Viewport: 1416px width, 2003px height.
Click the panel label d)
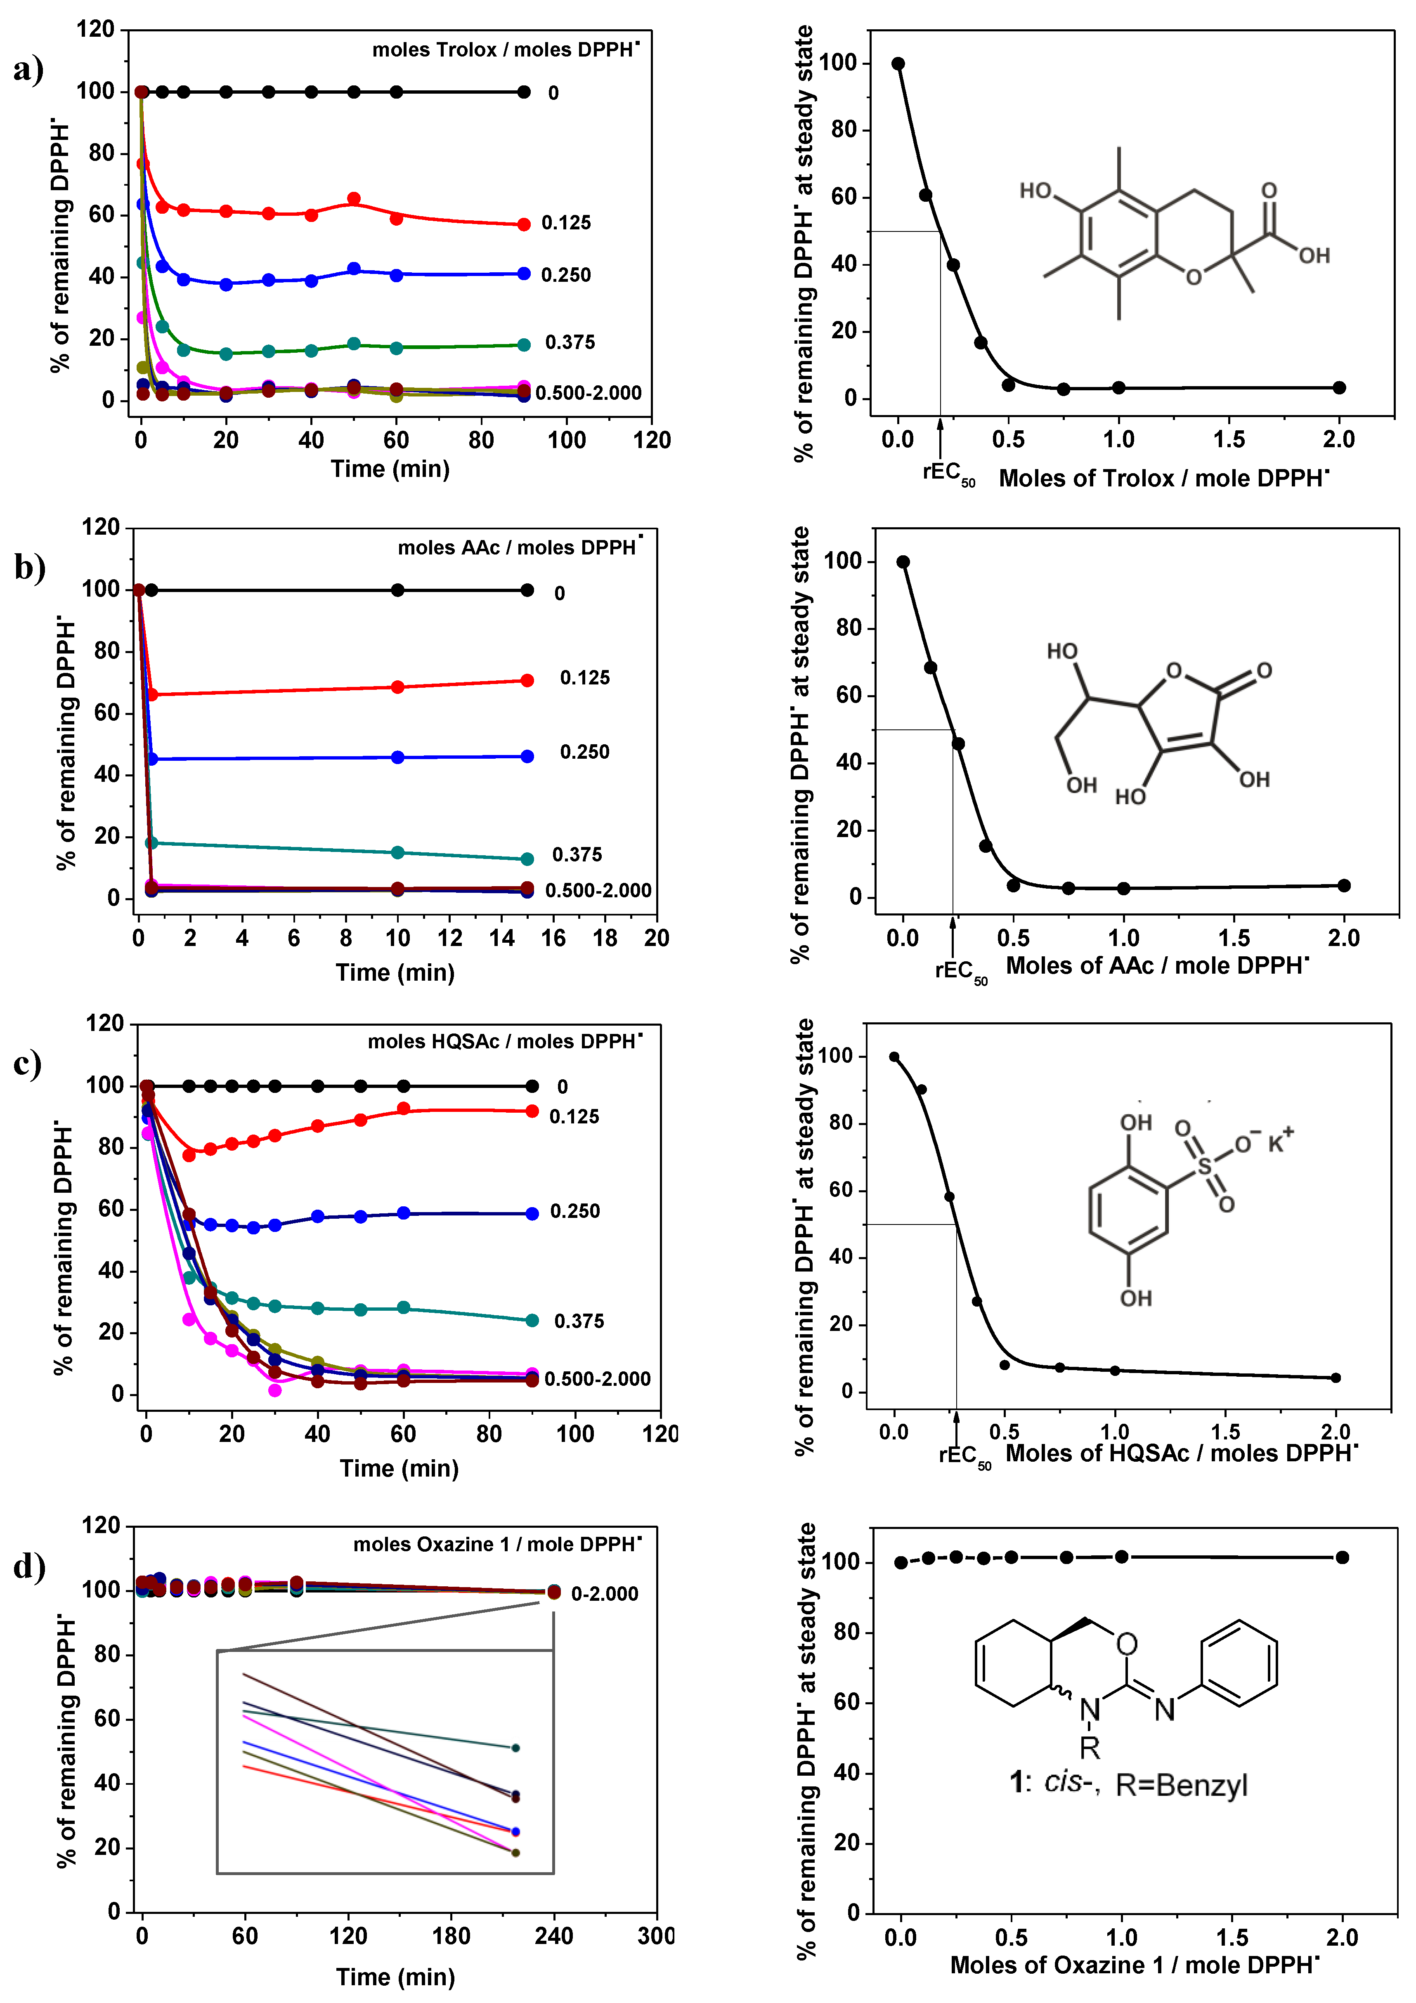click(x=29, y=1566)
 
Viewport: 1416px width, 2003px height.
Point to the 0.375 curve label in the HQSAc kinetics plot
click(x=579, y=1322)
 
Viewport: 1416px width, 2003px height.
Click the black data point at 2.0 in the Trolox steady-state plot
click(x=1339, y=387)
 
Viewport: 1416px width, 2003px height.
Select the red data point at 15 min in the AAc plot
click(x=527, y=680)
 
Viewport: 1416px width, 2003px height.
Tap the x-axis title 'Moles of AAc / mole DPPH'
click(x=1157, y=966)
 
